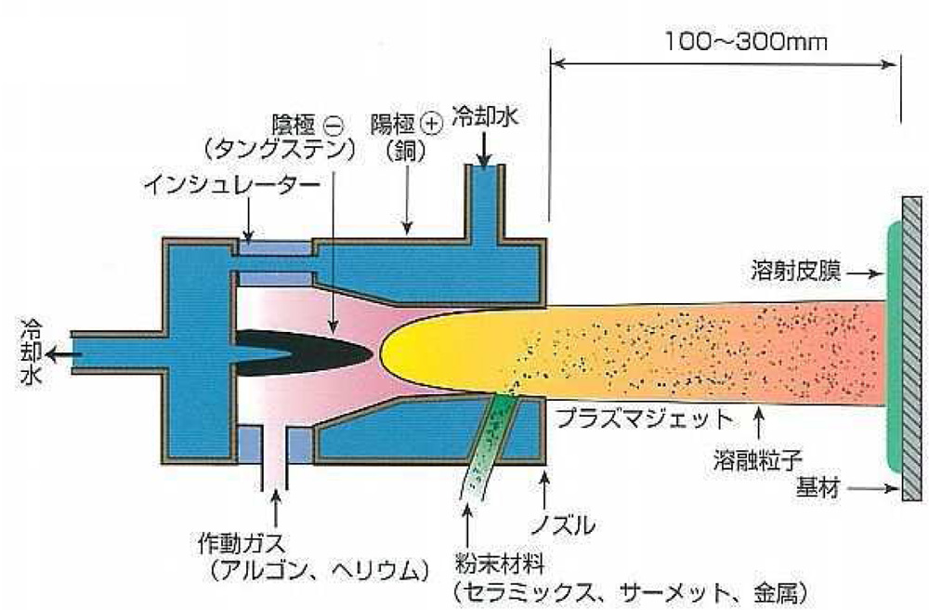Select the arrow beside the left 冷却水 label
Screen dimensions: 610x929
coord(61,354)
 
